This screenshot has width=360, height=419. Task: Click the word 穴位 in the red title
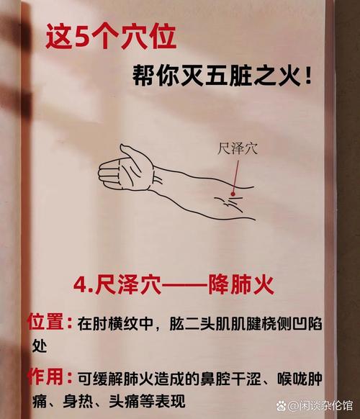(148, 37)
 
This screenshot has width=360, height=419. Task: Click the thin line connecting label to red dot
(235, 173)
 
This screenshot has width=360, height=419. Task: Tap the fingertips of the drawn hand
(102, 174)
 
